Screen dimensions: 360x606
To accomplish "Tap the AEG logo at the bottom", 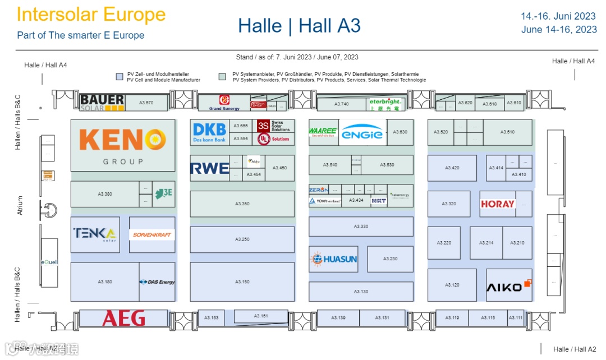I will point(123,318).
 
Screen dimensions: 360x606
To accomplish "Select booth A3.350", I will point(242,204).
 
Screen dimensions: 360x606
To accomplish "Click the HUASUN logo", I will point(333,259).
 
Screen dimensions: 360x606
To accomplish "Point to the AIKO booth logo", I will point(508,286).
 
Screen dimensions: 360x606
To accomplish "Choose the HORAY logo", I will point(498,204).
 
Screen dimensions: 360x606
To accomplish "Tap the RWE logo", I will point(210,168).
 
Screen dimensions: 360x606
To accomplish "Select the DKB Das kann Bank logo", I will point(209,132).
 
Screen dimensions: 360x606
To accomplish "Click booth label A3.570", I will point(146,103).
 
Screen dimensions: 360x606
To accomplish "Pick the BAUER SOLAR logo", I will point(102,103).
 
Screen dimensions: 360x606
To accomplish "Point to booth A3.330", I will point(361,227).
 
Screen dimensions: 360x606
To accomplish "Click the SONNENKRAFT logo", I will point(152,234).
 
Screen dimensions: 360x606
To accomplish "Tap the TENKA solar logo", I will point(94,234).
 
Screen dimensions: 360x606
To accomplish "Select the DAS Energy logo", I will point(158,282).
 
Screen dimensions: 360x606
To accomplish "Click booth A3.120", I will point(452,285).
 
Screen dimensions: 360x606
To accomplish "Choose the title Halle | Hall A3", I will point(299,26).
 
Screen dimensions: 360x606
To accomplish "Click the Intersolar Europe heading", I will point(91,15).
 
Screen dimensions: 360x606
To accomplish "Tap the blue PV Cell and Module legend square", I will point(119,77).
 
